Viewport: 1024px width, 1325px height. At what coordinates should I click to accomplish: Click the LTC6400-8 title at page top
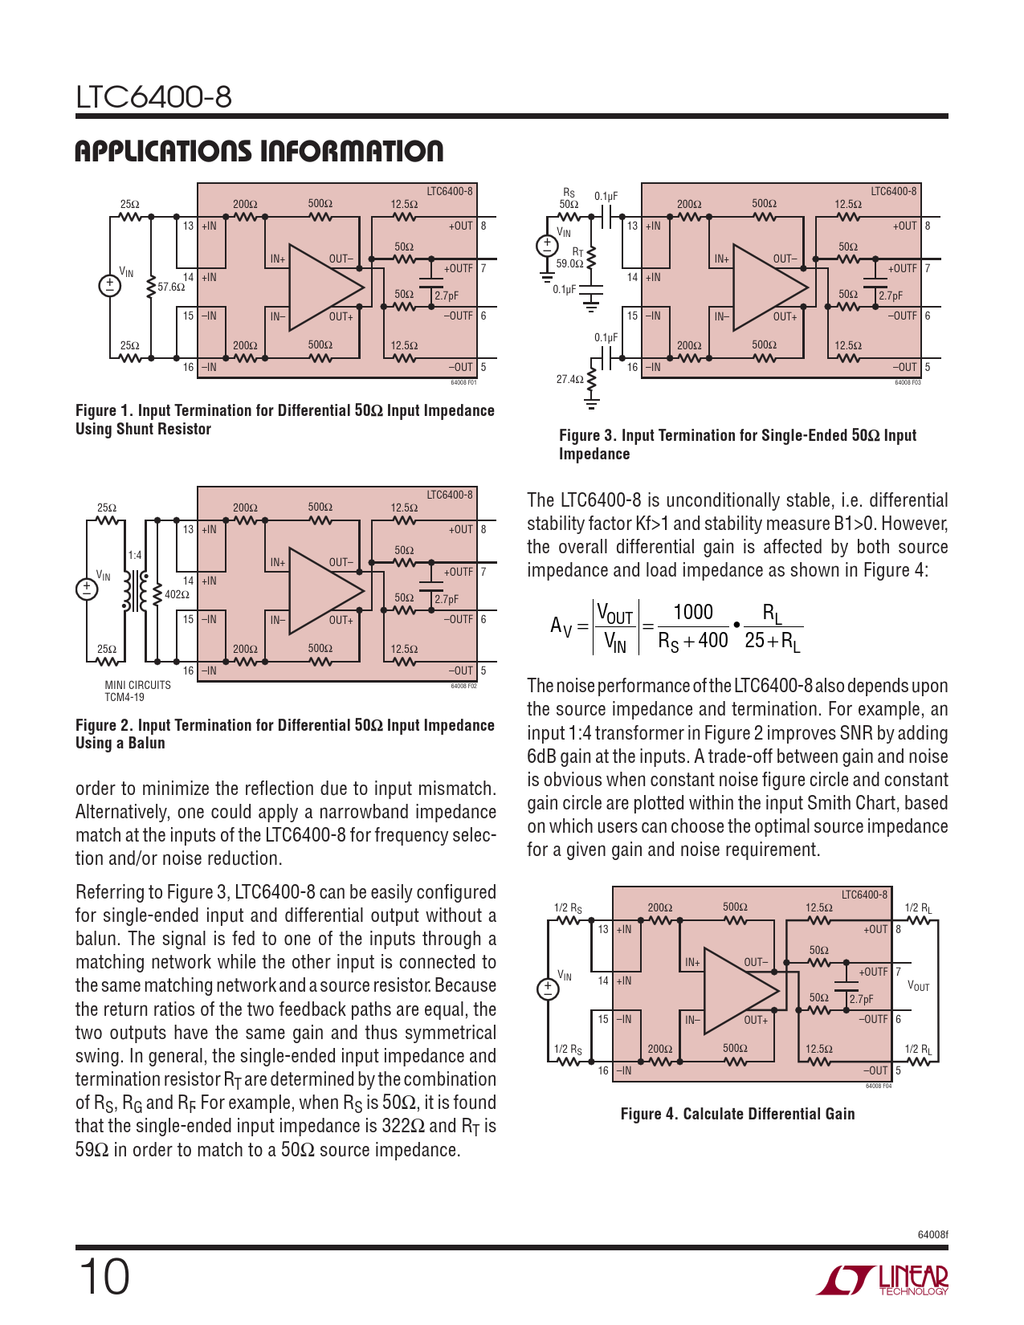153,97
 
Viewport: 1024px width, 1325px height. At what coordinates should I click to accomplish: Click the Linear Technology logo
882,1280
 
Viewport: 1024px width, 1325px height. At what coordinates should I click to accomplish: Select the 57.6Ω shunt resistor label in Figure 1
171,287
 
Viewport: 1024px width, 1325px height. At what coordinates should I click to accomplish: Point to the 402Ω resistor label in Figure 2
177,594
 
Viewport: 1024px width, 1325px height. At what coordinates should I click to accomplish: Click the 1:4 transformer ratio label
135,555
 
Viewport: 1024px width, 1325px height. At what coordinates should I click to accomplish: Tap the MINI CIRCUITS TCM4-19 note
138,691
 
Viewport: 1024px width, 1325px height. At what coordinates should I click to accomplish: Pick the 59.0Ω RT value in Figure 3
569,263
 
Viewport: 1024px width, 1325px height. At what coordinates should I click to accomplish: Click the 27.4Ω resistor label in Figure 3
569,379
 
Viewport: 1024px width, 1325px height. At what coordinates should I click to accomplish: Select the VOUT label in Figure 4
919,986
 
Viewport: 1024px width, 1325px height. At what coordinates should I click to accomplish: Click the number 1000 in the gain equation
693,612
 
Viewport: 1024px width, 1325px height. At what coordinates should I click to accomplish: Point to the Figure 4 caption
737,1114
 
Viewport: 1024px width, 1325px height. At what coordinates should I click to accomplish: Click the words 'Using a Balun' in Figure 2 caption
120,743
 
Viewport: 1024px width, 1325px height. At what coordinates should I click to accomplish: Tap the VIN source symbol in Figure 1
110,286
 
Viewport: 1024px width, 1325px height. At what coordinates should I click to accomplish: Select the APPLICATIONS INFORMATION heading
259,151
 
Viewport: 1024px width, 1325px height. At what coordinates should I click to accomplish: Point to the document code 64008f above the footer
933,1235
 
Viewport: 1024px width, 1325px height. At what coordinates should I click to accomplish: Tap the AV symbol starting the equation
561,626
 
